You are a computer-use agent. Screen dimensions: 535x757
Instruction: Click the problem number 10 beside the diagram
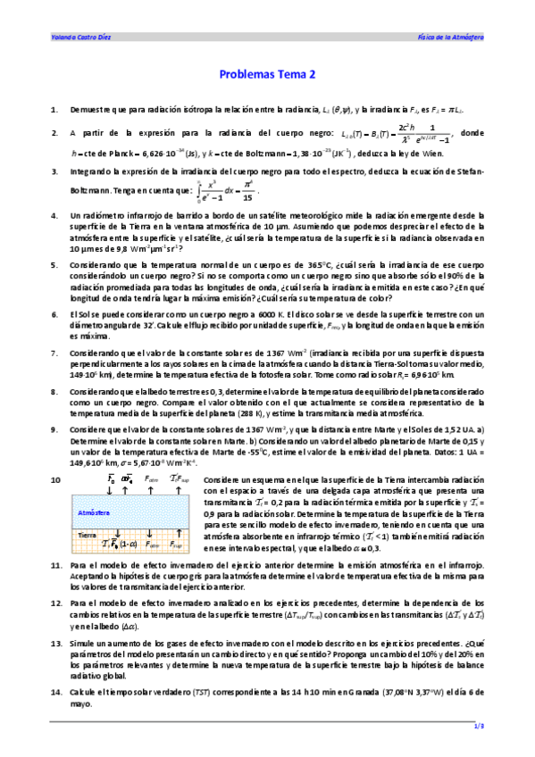coord(55,479)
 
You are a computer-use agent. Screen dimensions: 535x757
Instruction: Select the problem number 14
coord(55,692)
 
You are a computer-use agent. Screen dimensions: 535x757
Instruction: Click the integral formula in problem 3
coord(230,190)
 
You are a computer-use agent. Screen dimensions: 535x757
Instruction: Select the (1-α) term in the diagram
coord(129,544)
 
